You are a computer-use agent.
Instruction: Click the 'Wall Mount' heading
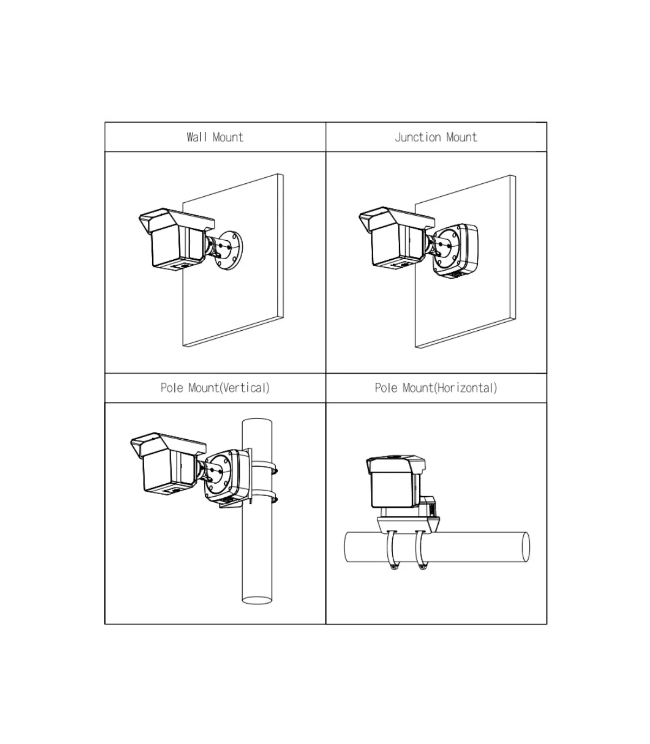tap(214, 137)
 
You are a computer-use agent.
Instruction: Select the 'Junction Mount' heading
tap(435, 137)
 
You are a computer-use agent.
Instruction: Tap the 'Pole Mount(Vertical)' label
tap(215, 388)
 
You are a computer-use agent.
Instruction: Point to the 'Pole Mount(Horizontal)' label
tap(435, 388)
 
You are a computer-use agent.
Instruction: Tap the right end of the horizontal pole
tap(525, 547)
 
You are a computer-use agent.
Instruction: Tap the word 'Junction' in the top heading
tap(418, 137)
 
